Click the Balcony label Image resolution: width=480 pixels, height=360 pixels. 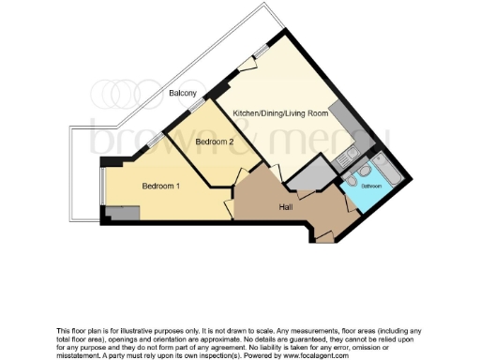tap(183, 93)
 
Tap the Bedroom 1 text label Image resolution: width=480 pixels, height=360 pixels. tap(161, 186)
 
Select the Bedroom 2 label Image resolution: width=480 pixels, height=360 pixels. tap(214, 141)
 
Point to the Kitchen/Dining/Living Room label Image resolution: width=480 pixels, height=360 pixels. tap(280, 113)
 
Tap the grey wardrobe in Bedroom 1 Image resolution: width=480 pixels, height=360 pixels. tap(123, 215)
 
